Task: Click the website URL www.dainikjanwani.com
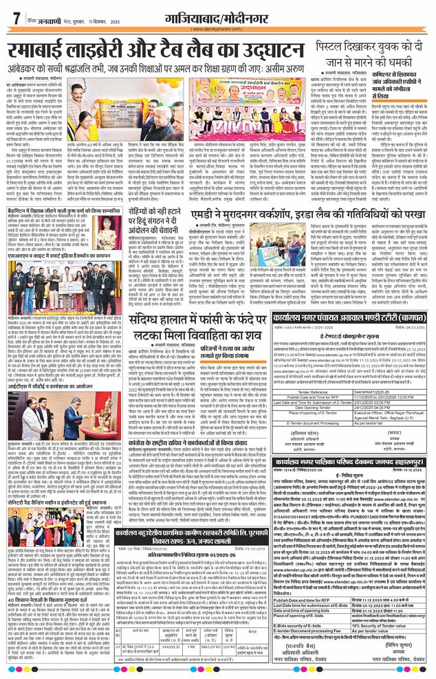(217, 30)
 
